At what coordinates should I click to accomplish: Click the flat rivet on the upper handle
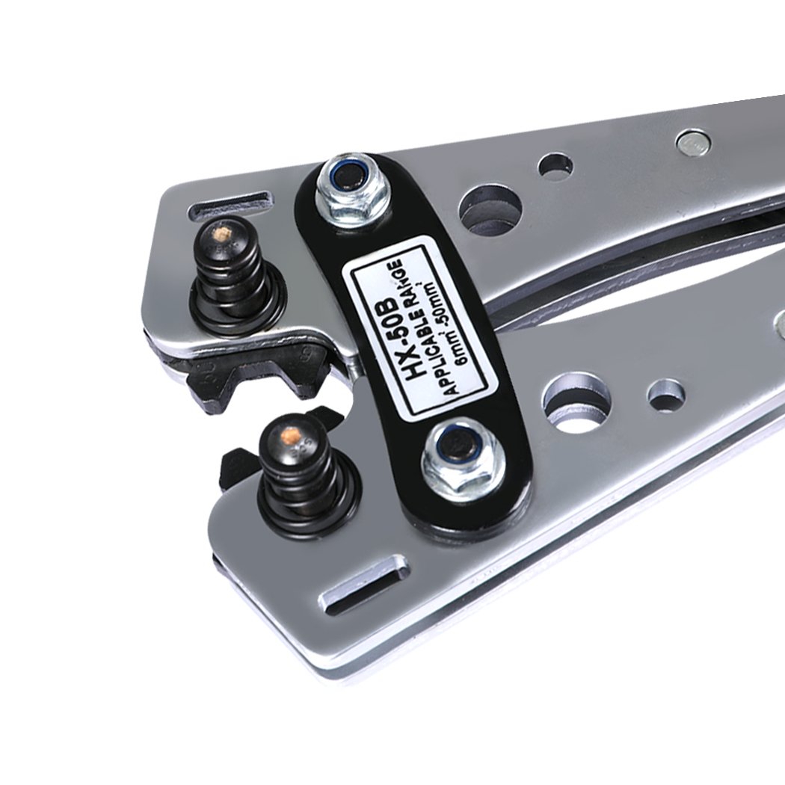click(x=693, y=142)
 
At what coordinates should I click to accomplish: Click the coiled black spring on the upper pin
click(x=235, y=280)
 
